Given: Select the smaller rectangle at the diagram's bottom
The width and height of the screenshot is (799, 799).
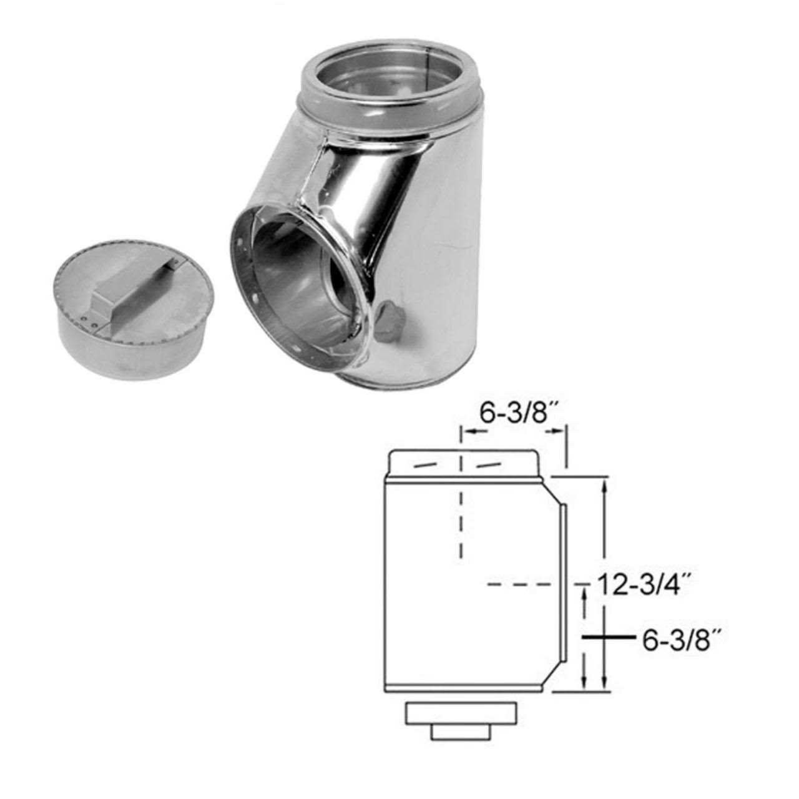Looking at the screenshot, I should point(461,733).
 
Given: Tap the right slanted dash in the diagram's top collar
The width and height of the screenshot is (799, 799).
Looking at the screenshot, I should point(489,465).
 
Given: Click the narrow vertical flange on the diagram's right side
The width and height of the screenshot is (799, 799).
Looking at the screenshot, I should point(564,584).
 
